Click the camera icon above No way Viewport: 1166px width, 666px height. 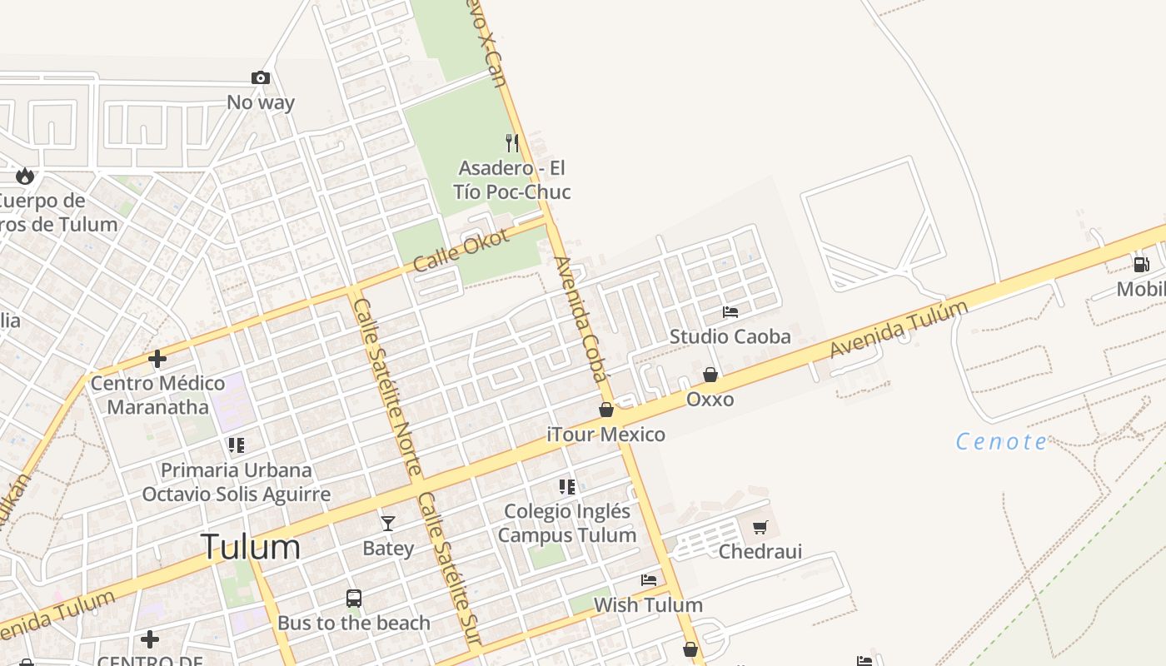pos(261,78)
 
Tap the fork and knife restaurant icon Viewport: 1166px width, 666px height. pos(512,143)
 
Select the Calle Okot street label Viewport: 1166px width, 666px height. pos(461,249)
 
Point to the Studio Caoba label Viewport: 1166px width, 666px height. pos(730,336)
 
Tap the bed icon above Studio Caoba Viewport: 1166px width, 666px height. pos(730,312)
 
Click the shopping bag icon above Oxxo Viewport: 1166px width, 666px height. pos(710,375)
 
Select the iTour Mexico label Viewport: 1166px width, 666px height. pos(605,434)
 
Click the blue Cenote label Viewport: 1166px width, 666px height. pos(1001,441)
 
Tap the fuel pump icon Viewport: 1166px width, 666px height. pos(1141,265)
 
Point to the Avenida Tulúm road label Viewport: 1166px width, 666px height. pos(899,330)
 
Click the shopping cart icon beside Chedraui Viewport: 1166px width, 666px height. pos(760,527)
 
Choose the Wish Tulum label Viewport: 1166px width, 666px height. pos(648,604)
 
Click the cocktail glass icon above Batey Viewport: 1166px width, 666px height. pos(388,523)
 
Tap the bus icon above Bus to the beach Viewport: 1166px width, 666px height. pos(354,598)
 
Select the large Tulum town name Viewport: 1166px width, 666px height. pos(251,547)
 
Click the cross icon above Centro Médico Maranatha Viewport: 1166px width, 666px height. pos(157,359)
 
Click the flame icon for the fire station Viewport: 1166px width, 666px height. pos(25,176)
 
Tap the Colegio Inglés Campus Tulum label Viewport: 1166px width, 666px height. pos(567,523)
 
